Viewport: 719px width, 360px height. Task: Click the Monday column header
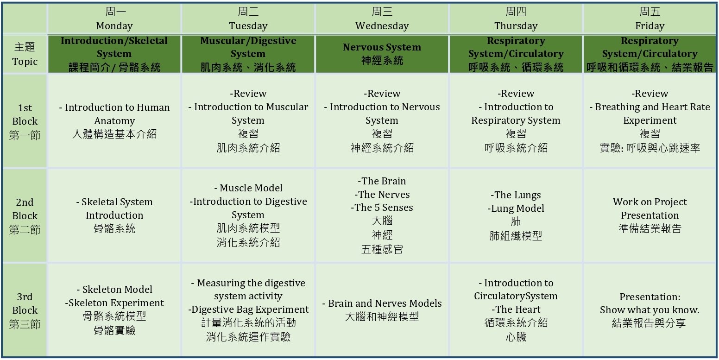(x=114, y=19)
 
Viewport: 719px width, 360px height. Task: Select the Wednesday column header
(x=382, y=19)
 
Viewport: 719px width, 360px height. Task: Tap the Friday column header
(x=650, y=19)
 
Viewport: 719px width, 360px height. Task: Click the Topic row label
(x=25, y=54)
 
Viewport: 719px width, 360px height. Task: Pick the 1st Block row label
(x=25, y=121)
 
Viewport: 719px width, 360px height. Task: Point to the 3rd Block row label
(x=25, y=310)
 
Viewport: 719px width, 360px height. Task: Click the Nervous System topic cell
(x=382, y=54)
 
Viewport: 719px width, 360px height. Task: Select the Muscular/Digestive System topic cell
(x=248, y=54)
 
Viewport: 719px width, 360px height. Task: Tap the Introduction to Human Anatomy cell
(x=114, y=121)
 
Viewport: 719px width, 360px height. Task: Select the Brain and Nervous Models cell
(x=382, y=309)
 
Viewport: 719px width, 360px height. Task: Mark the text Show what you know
(x=650, y=310)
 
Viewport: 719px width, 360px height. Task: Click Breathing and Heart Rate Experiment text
(x=650, y=114)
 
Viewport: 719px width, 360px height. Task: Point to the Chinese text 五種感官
(x=382, y=249)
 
